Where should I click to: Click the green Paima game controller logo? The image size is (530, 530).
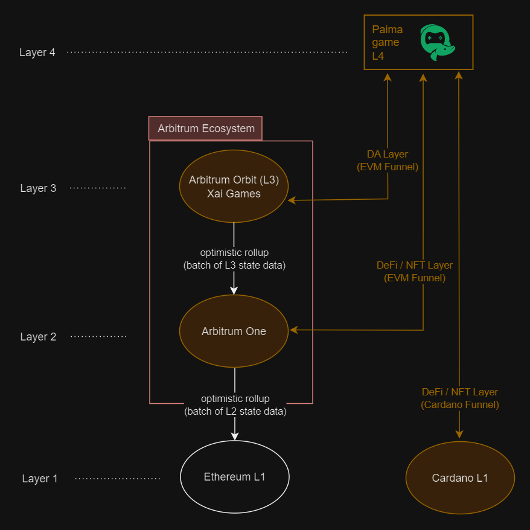click(x=437, y=42)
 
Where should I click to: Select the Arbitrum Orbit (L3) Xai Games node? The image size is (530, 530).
click(x=234, y=187)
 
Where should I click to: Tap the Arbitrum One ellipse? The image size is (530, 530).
click(x=234, y=331)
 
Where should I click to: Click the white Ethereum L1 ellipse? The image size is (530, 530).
click(x=234, y=477)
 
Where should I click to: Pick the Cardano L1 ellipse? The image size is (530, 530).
click(x=459, y=478)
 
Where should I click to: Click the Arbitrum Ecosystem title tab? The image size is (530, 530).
click(x=206, y=129)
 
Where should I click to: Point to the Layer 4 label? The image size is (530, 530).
click(x=37, y=53)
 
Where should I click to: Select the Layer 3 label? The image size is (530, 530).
click(x=38, y=188)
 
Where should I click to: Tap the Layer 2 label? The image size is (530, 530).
click(x=38, y=337)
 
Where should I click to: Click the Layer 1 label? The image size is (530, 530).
click(x=40, y=479)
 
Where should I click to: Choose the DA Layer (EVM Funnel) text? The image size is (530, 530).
click(x=388, y=161)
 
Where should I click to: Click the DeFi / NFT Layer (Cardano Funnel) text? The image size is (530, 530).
click(x=459, y=398)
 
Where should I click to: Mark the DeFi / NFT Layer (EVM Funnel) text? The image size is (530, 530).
click(x=414, y=272)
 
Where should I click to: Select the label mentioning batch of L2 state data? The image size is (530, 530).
click(x=235, y=406)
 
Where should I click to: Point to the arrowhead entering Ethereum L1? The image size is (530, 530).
click(x=234, y=435)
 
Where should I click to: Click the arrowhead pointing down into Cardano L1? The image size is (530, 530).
click(x=459, y=434)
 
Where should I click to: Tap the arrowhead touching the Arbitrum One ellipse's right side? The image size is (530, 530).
click(x=294, y=330)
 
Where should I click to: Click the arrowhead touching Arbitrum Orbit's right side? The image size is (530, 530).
click(x=292, y=200)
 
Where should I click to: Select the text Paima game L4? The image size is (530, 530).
click(x=386, y=42)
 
